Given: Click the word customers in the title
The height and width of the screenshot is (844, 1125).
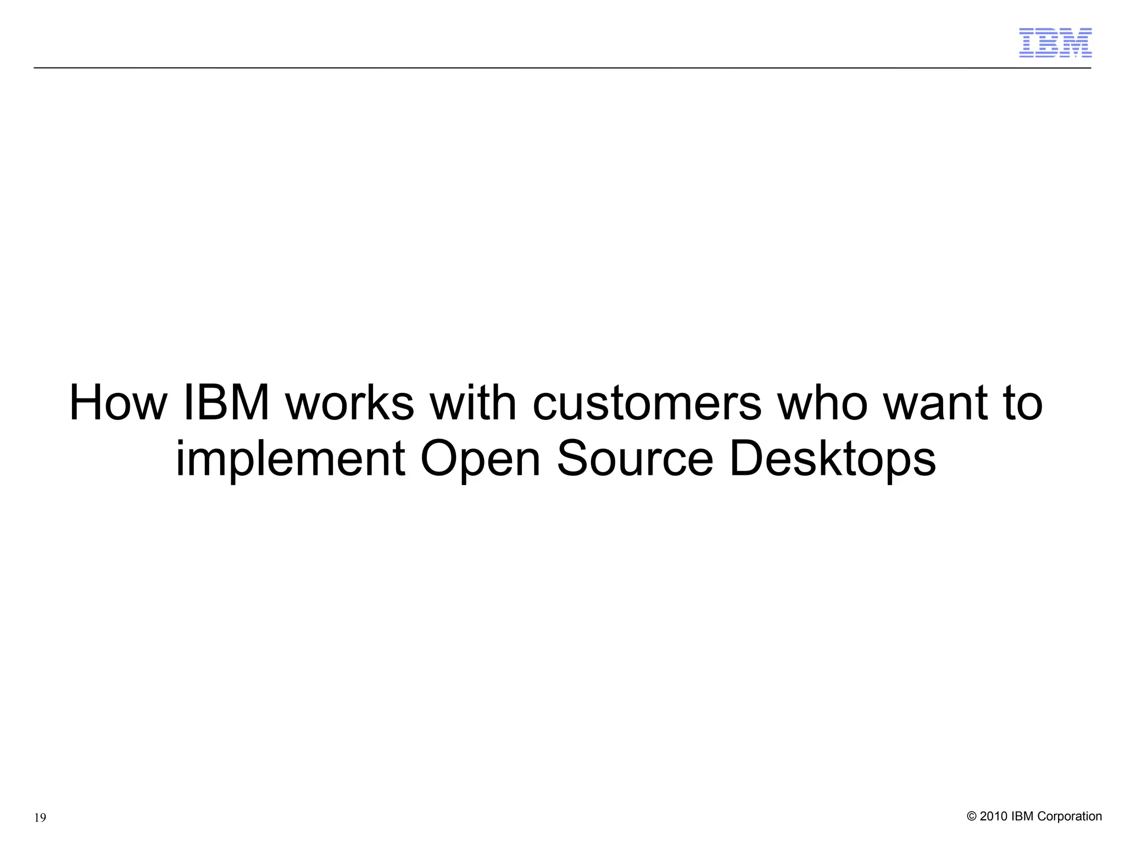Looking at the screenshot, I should click(x=647, y=404).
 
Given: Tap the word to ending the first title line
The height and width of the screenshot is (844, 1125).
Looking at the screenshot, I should click(x=1023, y=404).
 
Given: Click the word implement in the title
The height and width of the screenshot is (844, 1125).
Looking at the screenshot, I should click(x=291, y=460).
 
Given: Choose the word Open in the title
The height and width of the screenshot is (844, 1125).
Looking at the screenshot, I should click(x=481, y=460).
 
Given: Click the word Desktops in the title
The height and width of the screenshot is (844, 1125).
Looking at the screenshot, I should click(x=833, y=460).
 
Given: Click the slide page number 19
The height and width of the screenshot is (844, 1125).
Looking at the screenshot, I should click(x=40, y=818).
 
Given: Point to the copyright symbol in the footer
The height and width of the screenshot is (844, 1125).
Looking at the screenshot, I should click(x=971, y=817).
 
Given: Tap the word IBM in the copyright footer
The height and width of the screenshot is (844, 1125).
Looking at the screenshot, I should click(x=1022, y=817).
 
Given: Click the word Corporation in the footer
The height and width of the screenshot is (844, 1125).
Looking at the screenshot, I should click(x=1070, y=817).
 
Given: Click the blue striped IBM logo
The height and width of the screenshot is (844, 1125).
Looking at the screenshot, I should click(x=1055, y=43).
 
